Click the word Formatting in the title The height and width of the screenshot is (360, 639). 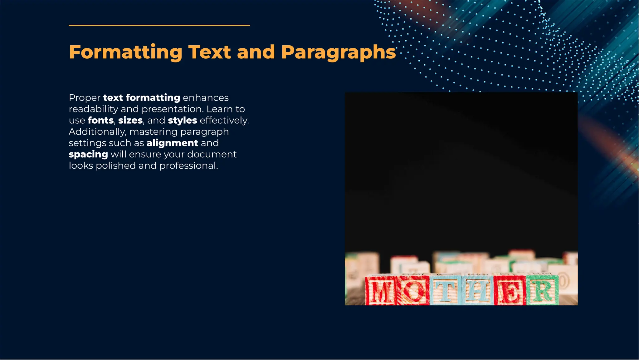tap(125, 52)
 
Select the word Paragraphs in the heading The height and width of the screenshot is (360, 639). tap(338, 52)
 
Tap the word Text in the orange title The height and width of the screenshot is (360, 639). tap(209, 52)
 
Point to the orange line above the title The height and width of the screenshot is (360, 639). tap(159, 25)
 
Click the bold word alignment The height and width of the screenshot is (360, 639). tap(172, 143)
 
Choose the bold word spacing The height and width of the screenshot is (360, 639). tap(88, 155)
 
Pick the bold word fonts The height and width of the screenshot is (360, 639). tap(100, 120)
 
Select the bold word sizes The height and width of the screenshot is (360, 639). tap(130, 120)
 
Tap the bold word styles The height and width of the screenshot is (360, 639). tap(183, 120)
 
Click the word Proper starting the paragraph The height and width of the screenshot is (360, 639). tap(85, 98)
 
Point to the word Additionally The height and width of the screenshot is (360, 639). tap(97, 132)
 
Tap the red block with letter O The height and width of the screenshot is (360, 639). tap(413, 290)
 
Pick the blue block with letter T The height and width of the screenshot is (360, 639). tap(446, 290)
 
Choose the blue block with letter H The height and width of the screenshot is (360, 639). tap(477, 290)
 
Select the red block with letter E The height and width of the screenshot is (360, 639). tap(510, 290)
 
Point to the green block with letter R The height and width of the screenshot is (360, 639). tap(542, 290)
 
